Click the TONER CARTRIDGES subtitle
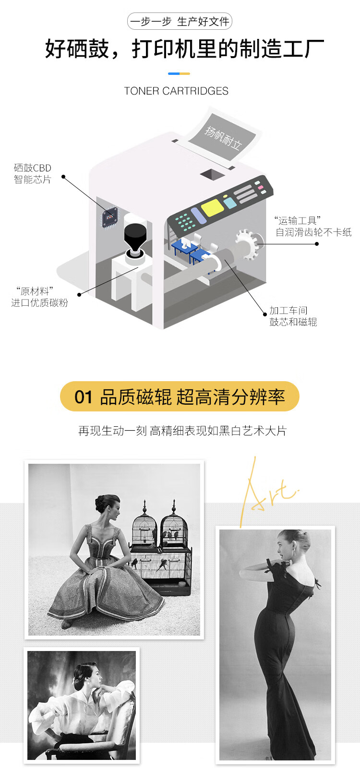176,91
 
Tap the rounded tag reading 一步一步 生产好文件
180,22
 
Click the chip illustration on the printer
109,217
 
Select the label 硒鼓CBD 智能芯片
32,174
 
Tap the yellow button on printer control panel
212,208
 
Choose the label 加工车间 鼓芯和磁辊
293,316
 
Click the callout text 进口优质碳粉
39,303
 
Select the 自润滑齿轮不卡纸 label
313,232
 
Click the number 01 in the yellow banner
83,397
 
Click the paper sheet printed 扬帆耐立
224,137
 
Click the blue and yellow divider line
179,73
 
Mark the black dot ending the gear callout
317,244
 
